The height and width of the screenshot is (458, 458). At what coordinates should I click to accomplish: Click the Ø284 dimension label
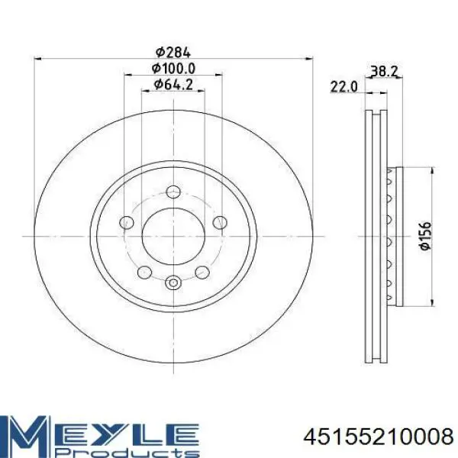pyautogui.click(x=173, y=52)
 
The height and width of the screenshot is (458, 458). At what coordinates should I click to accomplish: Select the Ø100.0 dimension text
pyautogui.click(x=173, y=69)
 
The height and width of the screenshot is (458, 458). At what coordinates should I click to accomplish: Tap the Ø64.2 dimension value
pyautogui.click(x=173, y=85)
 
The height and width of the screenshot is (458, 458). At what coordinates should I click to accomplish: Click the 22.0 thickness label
pyautogui.click(x=343, y=87)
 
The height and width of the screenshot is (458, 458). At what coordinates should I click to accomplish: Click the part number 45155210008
pyautogui.click(x=379, y=437)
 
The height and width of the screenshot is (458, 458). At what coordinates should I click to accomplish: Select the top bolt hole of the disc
pyautogui.click(x=173, y=192)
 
